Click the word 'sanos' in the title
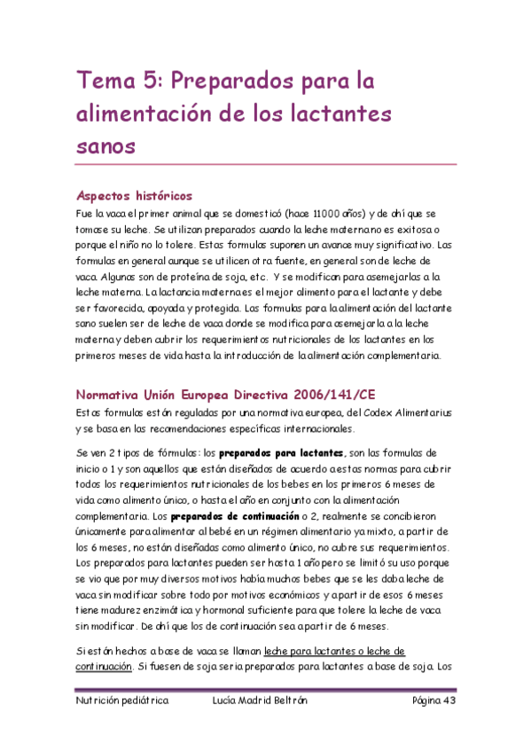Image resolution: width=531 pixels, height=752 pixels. point(105,145)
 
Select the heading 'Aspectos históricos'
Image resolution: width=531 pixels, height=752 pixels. point(134,196)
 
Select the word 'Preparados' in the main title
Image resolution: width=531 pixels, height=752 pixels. point(229,82)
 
